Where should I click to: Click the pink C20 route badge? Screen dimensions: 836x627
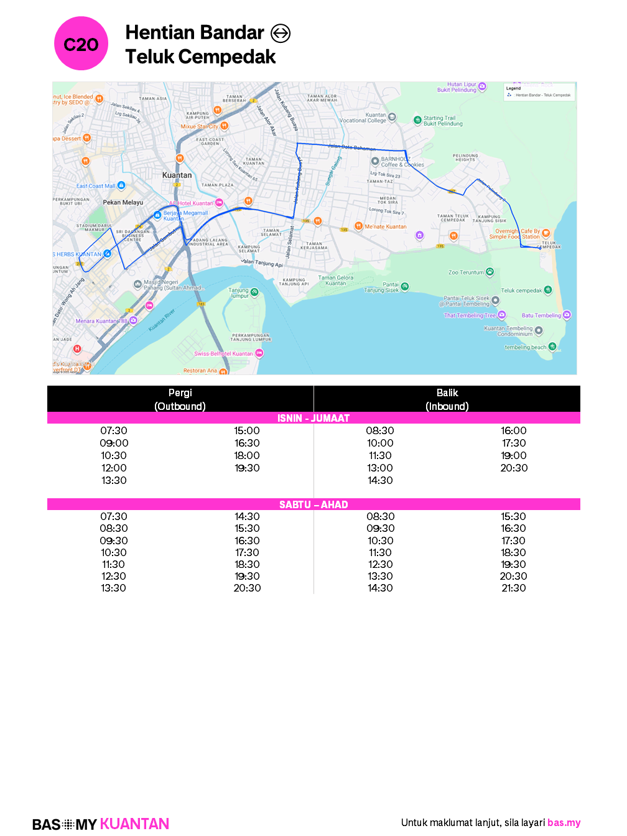(81, 44)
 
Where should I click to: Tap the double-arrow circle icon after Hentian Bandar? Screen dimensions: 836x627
(281, 33)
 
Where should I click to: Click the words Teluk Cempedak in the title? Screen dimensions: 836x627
(200, 57)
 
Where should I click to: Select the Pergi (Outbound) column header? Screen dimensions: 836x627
(180, 399)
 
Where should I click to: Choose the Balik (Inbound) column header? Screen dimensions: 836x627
(447, 399)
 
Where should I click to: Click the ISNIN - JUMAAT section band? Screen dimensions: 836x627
(313, 418)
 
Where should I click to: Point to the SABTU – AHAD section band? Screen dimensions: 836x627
(313, 504)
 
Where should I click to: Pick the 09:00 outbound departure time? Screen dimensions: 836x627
(114, 443)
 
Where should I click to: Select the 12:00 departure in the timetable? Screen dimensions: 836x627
(114, 468)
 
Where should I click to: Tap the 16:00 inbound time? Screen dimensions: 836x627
(514, 430)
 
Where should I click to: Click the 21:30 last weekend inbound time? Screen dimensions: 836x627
(514, 588)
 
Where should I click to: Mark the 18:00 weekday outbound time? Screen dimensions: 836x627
(247, 455)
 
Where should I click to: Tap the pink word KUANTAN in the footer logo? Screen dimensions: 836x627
(134, 824)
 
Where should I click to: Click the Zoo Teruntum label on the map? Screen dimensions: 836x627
(466, 272)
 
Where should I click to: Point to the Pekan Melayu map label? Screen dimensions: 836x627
(123, 202)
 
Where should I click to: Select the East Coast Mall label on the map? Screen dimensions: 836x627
(96, 186)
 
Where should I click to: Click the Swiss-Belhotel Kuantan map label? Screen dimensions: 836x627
(224, 353)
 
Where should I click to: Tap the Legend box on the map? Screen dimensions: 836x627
(539, 91)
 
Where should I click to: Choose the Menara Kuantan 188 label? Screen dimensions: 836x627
(101, 321)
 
